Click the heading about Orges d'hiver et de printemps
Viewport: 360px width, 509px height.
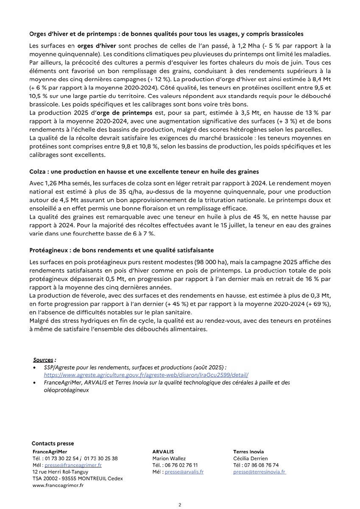166,34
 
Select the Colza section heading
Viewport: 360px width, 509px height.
144,171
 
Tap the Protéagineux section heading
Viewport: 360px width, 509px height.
122,250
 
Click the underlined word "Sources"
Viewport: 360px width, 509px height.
44,360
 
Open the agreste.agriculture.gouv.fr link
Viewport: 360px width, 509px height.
146,375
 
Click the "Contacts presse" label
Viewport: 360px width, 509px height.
53,444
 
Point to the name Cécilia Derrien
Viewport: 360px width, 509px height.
250,459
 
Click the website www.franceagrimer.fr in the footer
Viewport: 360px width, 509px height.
58,485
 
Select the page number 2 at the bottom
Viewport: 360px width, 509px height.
180,505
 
